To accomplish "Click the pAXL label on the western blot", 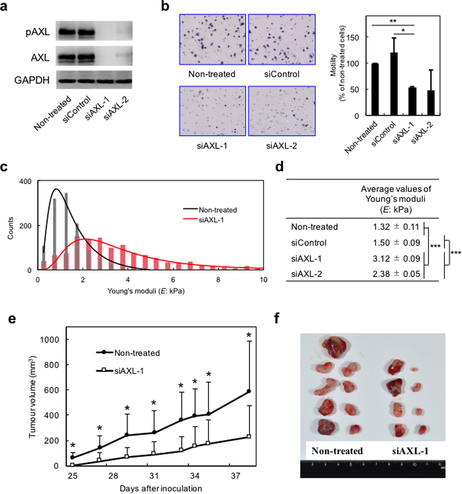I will coord(38,32).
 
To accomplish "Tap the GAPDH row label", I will coord(32,80).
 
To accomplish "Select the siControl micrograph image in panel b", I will coord(282,39).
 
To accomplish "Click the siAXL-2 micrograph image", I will coord(282,111).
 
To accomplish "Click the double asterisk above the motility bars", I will coord(393,21).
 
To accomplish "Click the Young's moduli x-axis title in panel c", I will coord(146,291).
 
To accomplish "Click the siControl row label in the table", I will coord(309,243).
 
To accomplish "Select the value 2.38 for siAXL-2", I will coord(381,274).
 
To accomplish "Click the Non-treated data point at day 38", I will coord(249,391).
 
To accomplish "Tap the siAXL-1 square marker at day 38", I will coord(249,437).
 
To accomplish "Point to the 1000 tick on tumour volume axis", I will coord(49,340).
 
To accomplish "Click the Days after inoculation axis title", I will coord(161,488).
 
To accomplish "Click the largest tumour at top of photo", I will coord(335,347).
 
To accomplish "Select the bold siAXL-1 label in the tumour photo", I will coord(410,451).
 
